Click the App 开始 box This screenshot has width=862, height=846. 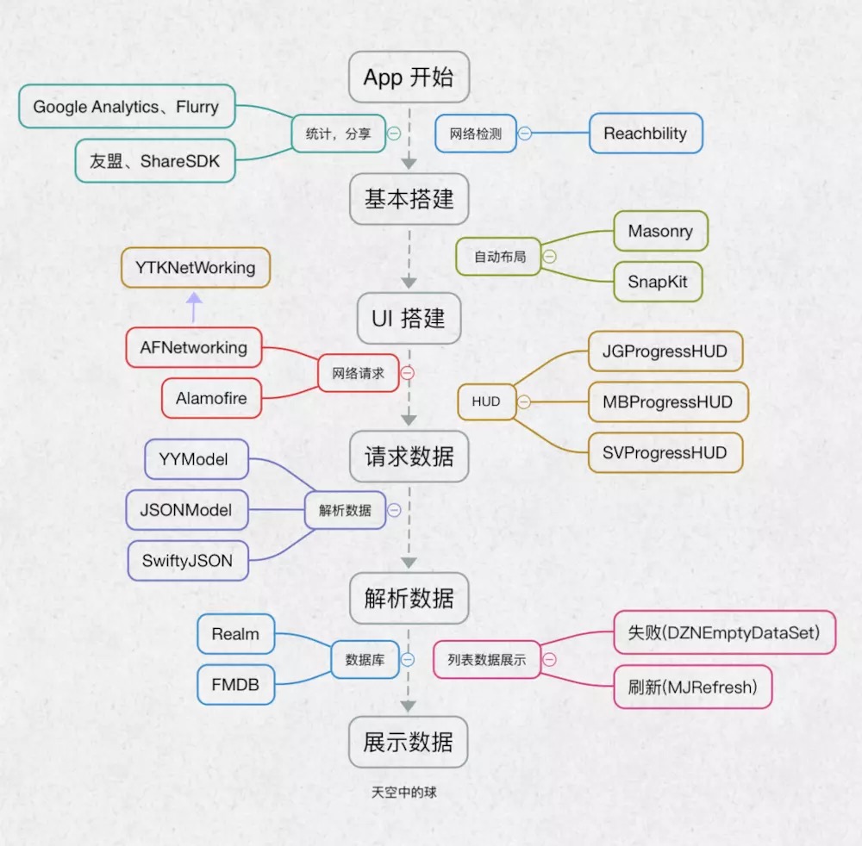[x=409, y=77]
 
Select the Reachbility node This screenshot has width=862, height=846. [x=646, y=134]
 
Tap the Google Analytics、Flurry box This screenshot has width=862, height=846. [x=127, y=107]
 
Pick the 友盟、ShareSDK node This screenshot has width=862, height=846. [x=155, y=161]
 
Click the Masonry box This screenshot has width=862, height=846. [x=661, y=231]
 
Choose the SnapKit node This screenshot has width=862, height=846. [x=658, y=282]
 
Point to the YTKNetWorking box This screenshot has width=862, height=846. [x=196, y=268]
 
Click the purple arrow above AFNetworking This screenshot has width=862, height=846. [x=194, y=307]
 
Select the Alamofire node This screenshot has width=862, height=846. [x=212, y=398]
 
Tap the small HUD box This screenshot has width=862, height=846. [x=486, y=401]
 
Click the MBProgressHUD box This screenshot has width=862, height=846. [x=668, y=402]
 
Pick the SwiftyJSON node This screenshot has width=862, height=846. [x=188, y=561]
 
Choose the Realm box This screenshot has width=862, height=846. [x=236, y=634]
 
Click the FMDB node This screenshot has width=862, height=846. [x=236, y=685]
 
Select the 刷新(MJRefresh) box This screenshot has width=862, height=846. [x=693, y=687]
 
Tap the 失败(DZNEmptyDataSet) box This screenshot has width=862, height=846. [x=725, y=632]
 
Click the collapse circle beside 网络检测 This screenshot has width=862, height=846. [x=525, y=134]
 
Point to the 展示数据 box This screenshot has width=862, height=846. [x=409, y=742]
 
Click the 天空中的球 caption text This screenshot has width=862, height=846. [x=404, y=793]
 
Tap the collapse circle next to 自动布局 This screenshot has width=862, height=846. [x=549, y=257]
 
